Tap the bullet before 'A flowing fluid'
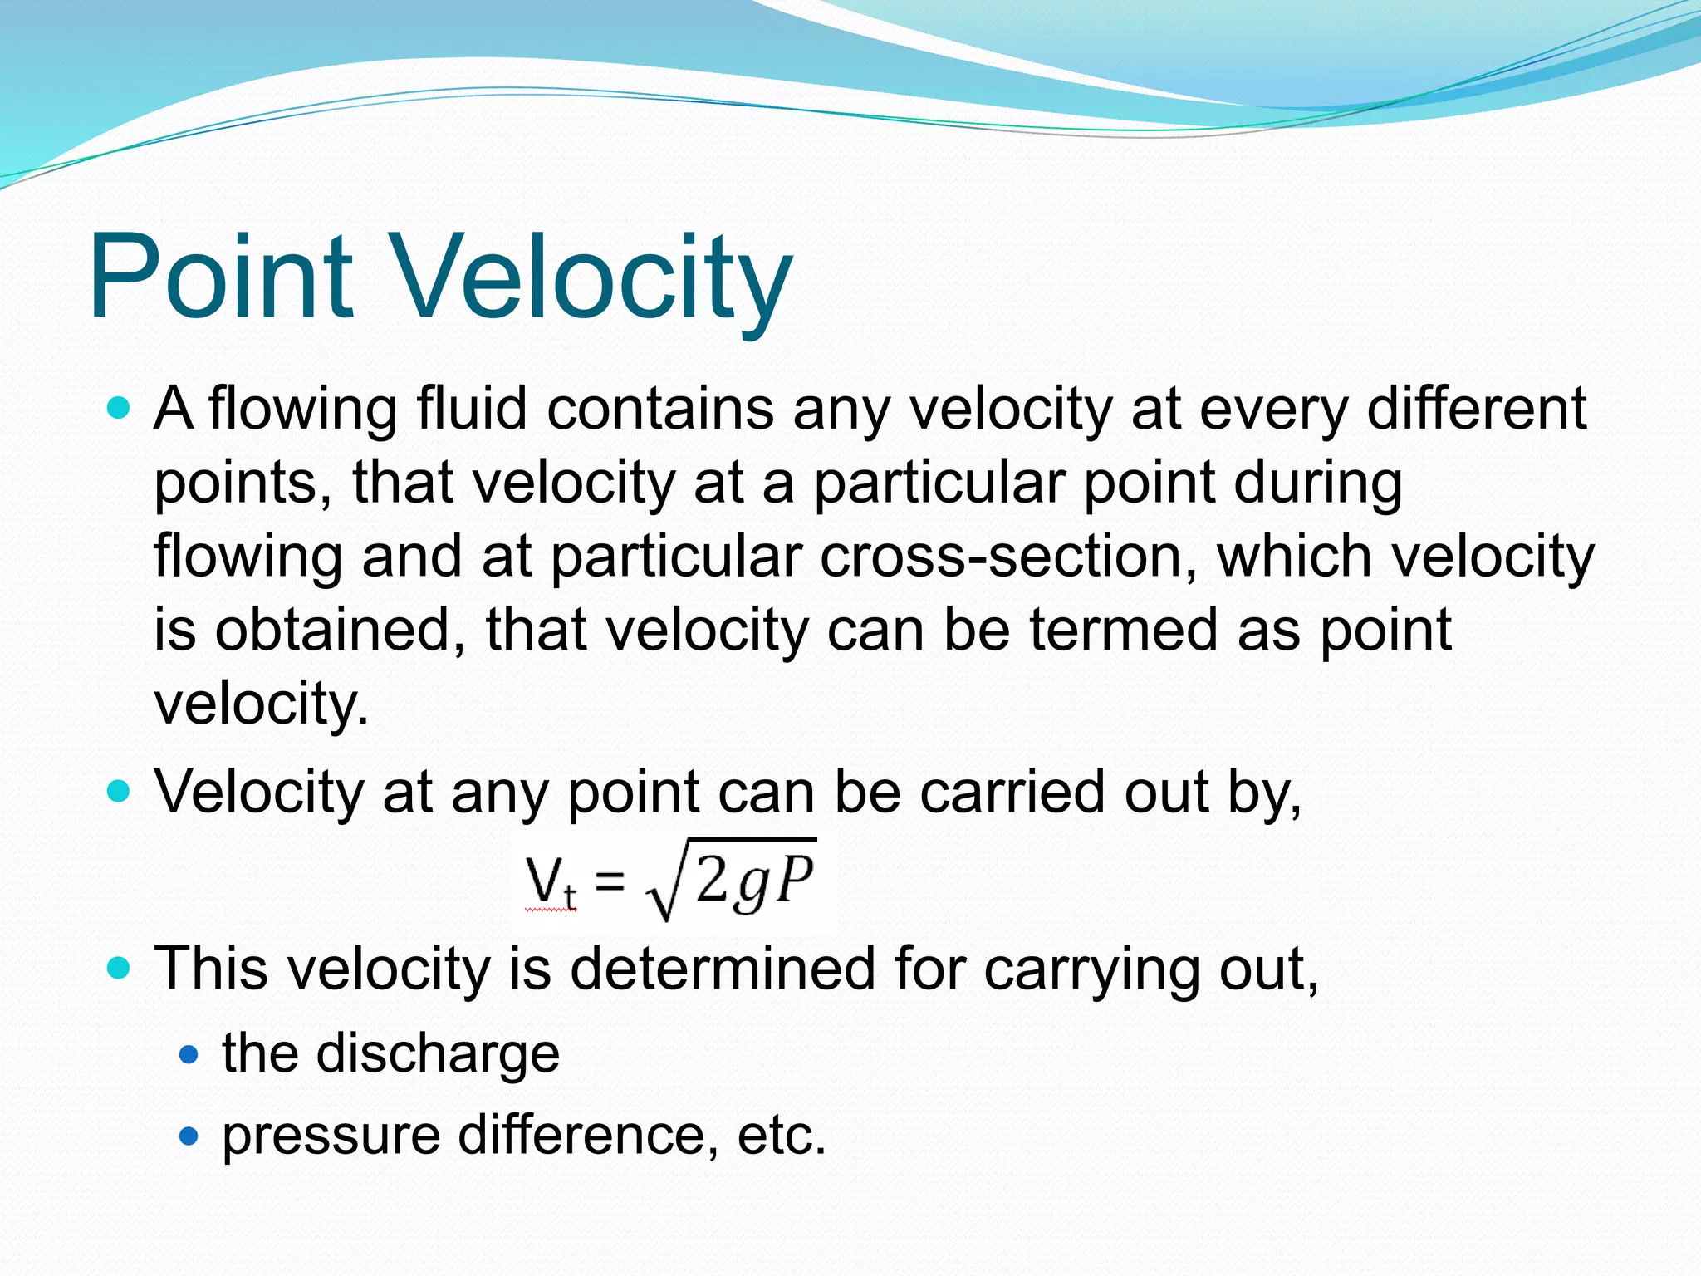[120, 408]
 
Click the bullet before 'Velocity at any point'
[120, 791]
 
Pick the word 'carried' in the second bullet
[1012, 791]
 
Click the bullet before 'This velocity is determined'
[120, 968]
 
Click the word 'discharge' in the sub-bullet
[438, 1055]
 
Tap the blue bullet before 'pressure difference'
[189, 1136]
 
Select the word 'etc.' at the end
[782, 1136]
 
